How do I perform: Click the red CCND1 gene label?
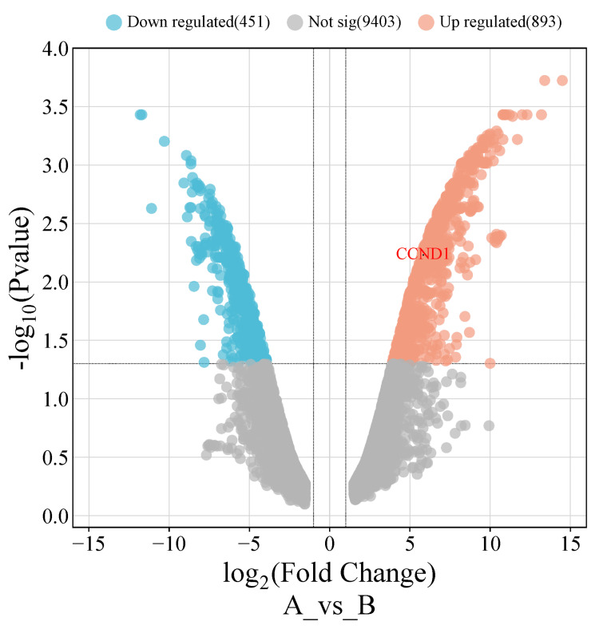(x=422, y=255)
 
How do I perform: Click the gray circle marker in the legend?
(x=296, y=22)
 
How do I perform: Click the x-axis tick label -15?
(x=89, y=544)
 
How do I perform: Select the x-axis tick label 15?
(x=570, y=544)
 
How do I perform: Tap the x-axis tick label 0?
(x=330, y=544)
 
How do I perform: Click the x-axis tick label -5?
(x=249, y=544)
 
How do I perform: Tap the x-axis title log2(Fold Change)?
(x=329, y=575)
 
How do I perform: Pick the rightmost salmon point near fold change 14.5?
(x=562, y=81)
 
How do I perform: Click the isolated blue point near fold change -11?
(x=152, y=208)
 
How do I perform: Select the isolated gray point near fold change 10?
(x=489, y=425)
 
